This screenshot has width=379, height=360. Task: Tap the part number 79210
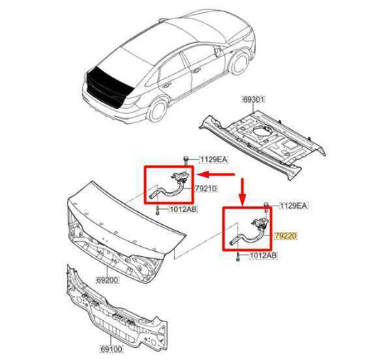(205, 188)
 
